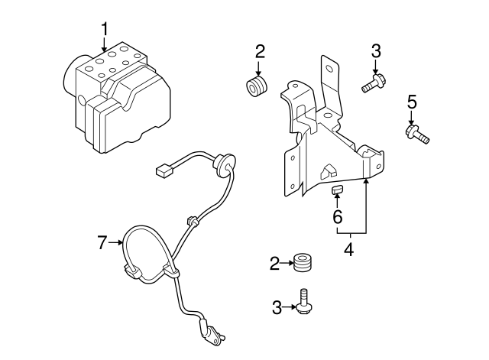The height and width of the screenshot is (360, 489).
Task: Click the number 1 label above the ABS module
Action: pos(105,29)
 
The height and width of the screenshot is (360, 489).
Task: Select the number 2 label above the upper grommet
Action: pos(260,51)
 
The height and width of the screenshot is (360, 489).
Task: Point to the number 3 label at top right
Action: pos(375,51)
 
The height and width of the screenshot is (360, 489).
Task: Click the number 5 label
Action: pos(412,101)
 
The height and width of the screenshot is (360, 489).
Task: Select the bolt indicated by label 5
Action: pos(416,135)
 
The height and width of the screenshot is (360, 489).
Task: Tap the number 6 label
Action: pos(336,217)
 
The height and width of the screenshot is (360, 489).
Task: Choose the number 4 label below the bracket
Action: pos(348,249)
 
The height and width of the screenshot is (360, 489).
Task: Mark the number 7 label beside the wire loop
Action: pos(102,243)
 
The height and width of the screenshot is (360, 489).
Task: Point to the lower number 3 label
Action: pos(277,308)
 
